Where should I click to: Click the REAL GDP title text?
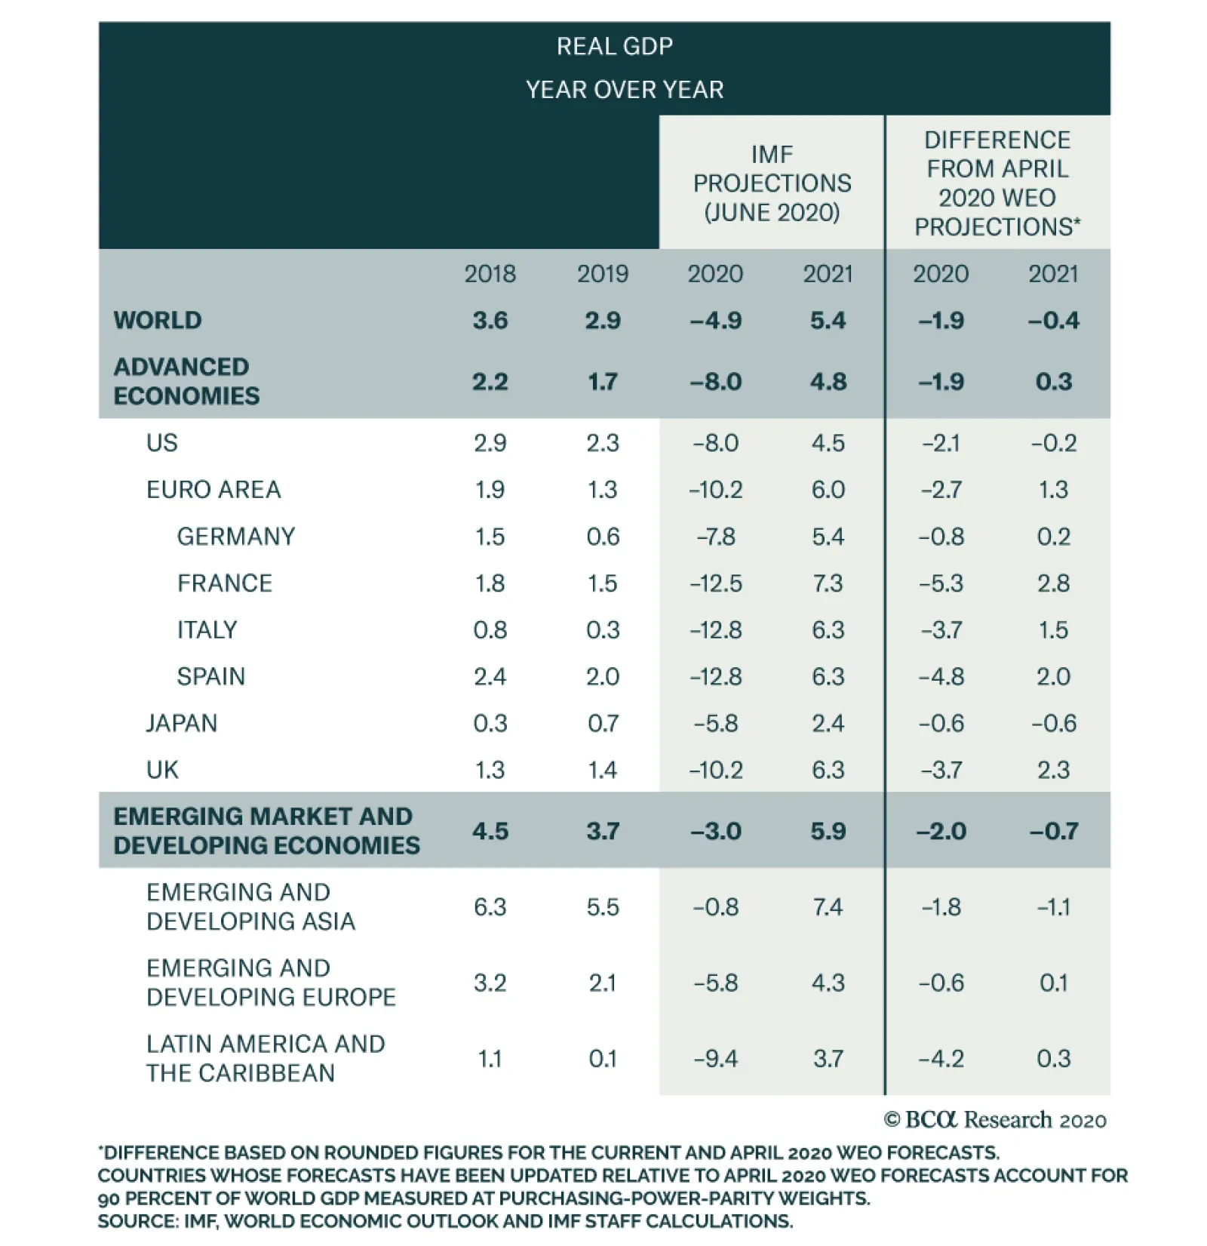pyautogui.click(x=614, y=47)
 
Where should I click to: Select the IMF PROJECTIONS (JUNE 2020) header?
pyautogui.click(x=772, y=183)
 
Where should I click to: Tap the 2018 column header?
pyautogui.click(x=490, y=273)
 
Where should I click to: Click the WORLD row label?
pyautogui.click(x=158, y=320)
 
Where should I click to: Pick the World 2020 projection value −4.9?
pyautogui.click(x=715, y=320)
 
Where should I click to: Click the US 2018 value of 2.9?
pyautogui.click(x=490, y=442)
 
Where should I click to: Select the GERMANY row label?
pyautogui.click(x=236, y=537)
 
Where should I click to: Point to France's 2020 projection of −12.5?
pyautogui.click(x=715, y=583)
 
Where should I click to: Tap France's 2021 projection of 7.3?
pyautogui.click(x=828, y=583)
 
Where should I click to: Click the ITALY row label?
pyautogui.click(x=207, y=629)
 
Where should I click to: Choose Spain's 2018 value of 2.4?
pyautogui.click(x=490, y=676)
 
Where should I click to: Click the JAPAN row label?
pyautogui.click(x=181, y=723)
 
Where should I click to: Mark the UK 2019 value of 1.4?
pyautogui.click(x=602, y=770)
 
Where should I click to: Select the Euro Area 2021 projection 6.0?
pyautogui.click(x=828, y=489)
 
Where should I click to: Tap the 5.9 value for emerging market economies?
pyautogui.click(x=828, y=831)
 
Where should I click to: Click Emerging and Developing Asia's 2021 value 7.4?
pyautogui.click(x=828, y=906)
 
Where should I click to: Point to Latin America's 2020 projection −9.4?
pyautogui.click(x=715, y=1058)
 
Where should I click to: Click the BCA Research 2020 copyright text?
pyautogui.click(x=995, y=1120)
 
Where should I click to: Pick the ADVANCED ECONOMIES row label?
pyautogui.click(x=186, y=381)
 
